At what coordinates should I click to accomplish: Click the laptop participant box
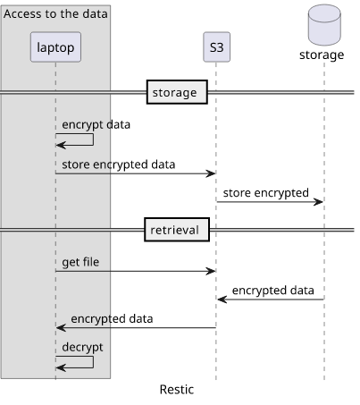pyautogui.click(x=55, y=47)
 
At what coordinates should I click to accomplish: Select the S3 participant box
pyautogui.click(x=216, y=47)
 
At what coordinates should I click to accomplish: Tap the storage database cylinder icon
pyautogui.click(x=324, y=25)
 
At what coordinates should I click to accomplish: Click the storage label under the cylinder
pyautogui.click(x=322, y=55)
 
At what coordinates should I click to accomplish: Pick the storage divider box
pyautogui.click(x=177, y=92)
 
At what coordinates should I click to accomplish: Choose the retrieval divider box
pyautogui.click(x=177, y=230)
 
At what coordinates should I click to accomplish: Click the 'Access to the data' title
pyautogui.click(x=55, y=13)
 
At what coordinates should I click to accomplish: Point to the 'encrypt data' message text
pyautogui.click(x=96, y=124)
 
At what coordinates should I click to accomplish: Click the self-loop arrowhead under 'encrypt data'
pyautogui.click(x=61, y=146)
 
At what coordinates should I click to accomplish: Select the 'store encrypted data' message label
pyautogui.click(x=119, y=165)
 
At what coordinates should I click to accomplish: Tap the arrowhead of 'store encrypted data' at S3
pyautogui.click(x=211, y=173)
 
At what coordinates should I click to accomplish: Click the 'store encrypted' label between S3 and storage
pyautogui.click(x=266, y=193)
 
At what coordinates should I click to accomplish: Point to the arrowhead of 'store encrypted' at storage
pyautogui.click(x=318, y=202)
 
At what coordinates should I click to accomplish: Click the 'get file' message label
pyautogui.click(x=80, y=262)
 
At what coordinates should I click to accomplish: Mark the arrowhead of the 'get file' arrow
pyautogui.click(x=211, y=271)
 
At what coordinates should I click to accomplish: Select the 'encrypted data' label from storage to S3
pyautogui.click(x=273, y=291)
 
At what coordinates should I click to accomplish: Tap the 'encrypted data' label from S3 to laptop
pyautogui.click(x=112, y=319)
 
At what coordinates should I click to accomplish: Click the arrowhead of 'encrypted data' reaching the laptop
pyautogui.click(x=61, y=328)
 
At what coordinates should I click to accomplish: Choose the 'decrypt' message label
pyautogui.click(x=82, y=347)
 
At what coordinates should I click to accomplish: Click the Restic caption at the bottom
pyautogui.click(x=177, y=390)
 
